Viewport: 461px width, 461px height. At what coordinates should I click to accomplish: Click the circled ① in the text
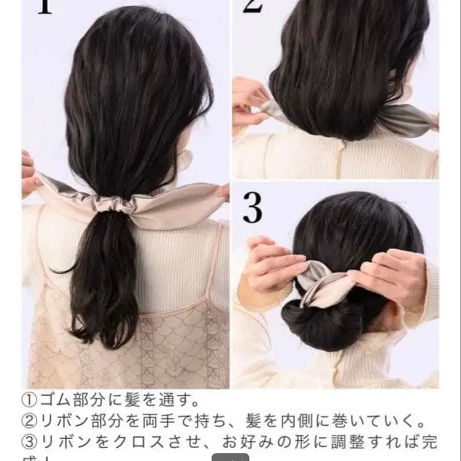30,399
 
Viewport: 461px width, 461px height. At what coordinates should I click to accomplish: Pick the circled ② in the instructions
30,422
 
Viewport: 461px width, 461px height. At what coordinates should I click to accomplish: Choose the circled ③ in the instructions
30,443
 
